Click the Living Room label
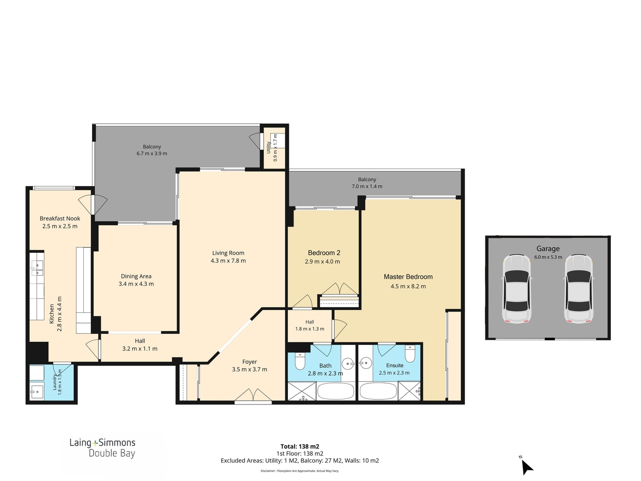pyautogui.click(x=228, y=253)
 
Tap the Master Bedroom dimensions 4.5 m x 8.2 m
pyautogui.click(x=408, y=286)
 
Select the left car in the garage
pyautogui.click(x=516, y=289)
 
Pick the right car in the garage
pyautogui.click(x=579, y=289)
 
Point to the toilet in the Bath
pyautogui.click(x=299, y=361)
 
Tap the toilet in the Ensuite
pyautogui.click(x=410, y=354)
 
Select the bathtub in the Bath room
pyautogui.click(x=336, y=391)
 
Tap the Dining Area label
pyautogui.click(x=136, y=276)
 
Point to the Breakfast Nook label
pyautogui.click(x=60, y=219)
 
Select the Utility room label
pyautogui.click(x=268, y=148)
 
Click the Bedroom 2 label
pyautogui.click(x=324, y=252)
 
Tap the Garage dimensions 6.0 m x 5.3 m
pyautogui.click(x=548, y=257)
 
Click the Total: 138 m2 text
pyautogui.click(x=300, y=446)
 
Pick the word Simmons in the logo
pyautogui.click(x=117, y=443)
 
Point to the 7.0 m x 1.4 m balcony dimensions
pyautogui.click(x=367, y=186)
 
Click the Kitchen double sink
pyautogui.click(x=37, y=269)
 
